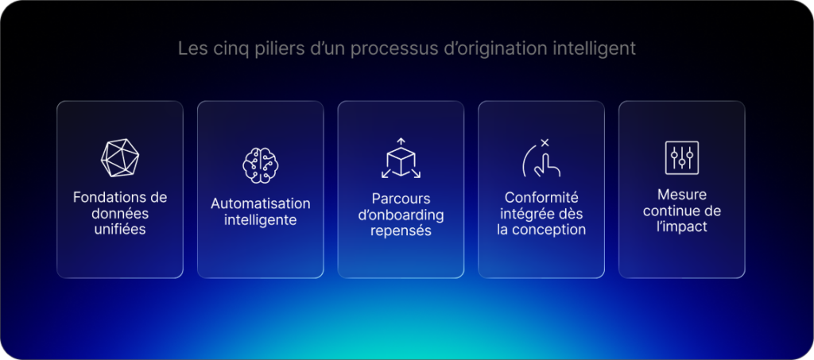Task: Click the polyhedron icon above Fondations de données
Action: (x=119, y=157)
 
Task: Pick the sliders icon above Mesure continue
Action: (x=681, y=157)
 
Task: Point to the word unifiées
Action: (x=120, y=230)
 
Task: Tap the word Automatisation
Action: (x=260, y=204)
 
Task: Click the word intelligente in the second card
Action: (x=260, y=220)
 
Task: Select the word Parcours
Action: (x=401, y=198)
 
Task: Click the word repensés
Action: (x=401, y=230)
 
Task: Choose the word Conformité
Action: (x=541, y=197)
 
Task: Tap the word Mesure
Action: (x=682, y=195)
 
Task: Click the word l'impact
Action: (x=682, y=226)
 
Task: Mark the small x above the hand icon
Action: (x=545, y=143)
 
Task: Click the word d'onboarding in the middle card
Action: (x=401, y=215)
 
